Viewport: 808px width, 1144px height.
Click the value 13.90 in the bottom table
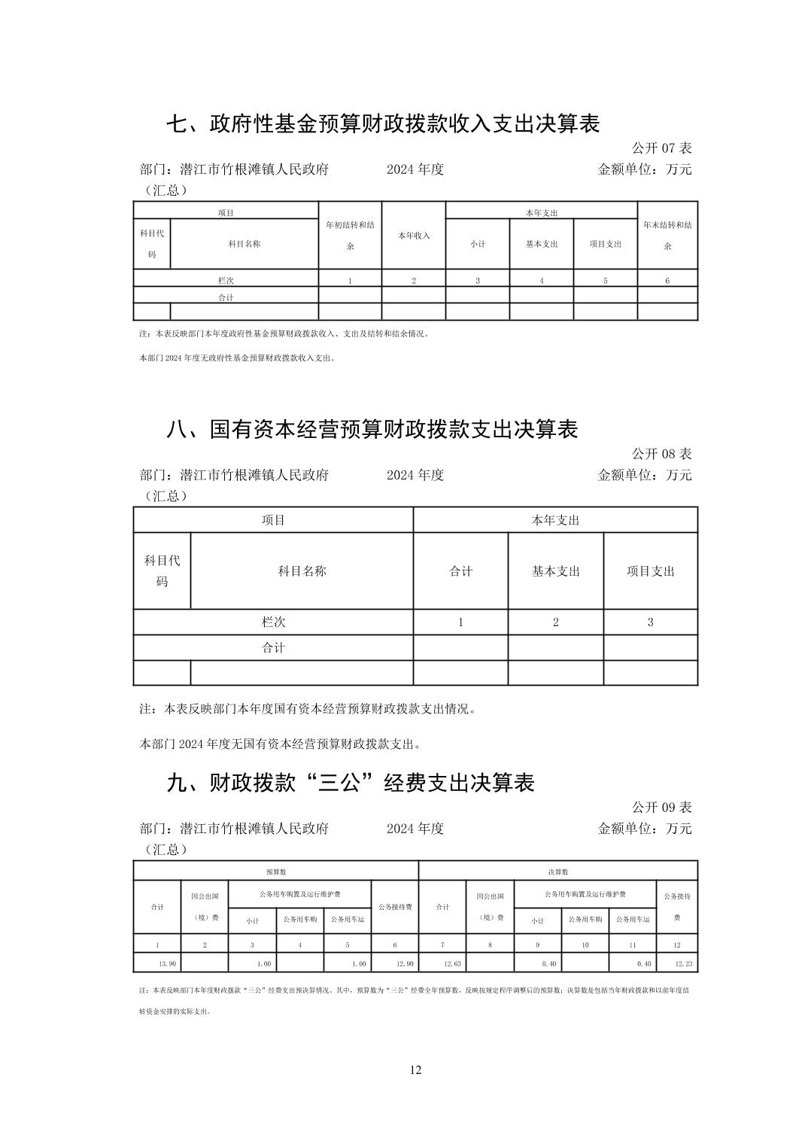point(167,963)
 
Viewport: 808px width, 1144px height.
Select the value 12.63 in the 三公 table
point(452,963)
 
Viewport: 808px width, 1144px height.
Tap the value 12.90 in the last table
point(404,963)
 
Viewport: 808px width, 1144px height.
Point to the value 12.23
point(684,963)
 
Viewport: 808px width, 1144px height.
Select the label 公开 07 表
point(661,148)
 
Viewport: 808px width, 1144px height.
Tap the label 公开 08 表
point(661,454)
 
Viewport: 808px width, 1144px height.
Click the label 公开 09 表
point(661,808)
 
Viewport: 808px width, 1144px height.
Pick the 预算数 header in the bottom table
point(275,872)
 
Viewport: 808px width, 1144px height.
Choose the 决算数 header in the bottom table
point(558,872)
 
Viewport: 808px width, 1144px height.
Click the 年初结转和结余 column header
point(350,236)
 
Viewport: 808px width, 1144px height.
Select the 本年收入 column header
point(414,236)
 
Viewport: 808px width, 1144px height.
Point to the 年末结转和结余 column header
point(667,236)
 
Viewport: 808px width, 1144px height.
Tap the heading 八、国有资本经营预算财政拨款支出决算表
point(372,429)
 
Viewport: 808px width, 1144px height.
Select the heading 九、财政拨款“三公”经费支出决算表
point(350,783)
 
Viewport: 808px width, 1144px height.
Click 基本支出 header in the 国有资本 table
point(556,571)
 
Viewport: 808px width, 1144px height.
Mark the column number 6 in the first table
point(667,281)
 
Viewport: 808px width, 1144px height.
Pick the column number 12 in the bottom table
point(676,945)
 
